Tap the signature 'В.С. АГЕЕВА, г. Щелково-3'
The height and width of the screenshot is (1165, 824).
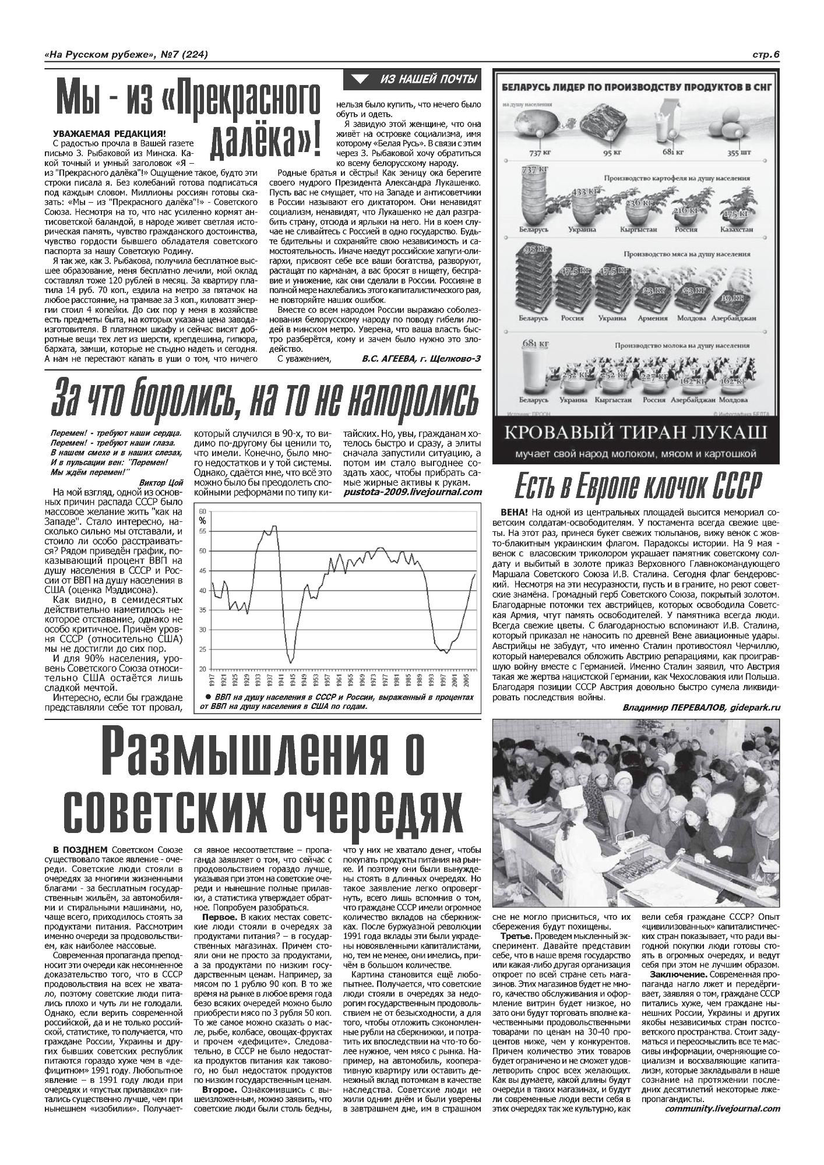[421, 358]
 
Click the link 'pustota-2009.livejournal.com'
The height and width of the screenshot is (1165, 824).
[413, 492]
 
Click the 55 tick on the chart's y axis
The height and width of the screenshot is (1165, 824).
[202, 531]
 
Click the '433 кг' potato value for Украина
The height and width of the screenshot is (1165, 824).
[585, 191]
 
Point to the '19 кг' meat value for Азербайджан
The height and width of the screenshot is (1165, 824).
[740, 299]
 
